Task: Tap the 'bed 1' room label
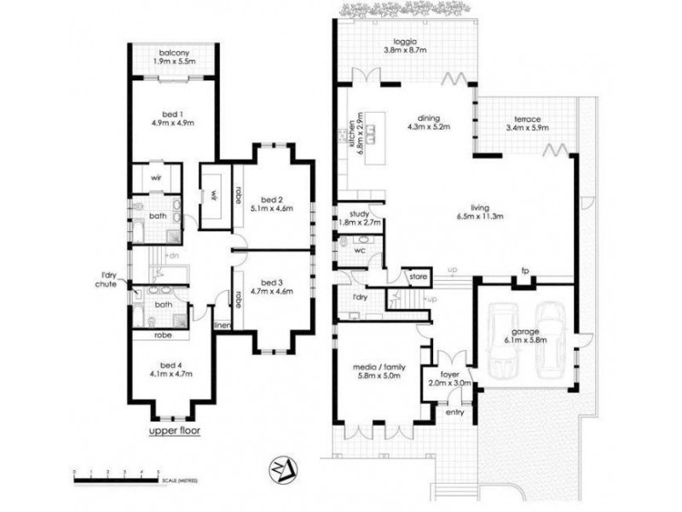[174, 113]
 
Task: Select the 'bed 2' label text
[271, 198]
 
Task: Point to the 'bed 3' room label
[271, 282]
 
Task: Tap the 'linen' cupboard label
[222, 325]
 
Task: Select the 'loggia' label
[404, 42]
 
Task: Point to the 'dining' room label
[428, 119]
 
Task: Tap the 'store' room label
[417, 276]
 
